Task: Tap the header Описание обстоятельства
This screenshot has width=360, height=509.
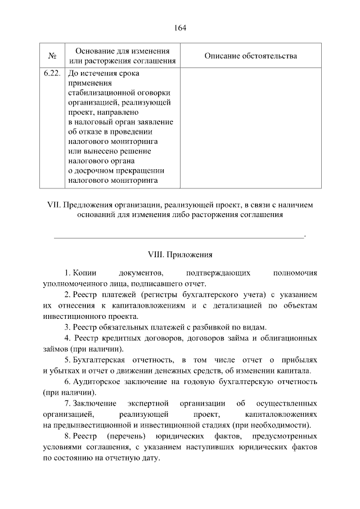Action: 250,56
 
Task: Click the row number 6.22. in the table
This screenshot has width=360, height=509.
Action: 52,73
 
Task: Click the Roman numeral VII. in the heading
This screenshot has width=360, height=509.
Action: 53,205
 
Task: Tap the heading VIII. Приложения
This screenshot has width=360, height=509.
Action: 180,254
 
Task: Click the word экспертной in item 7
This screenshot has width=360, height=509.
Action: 148,403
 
